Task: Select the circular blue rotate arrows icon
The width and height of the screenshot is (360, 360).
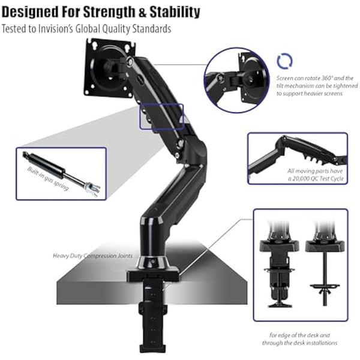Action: [x=284, y=62]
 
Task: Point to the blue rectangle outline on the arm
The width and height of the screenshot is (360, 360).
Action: [x=161, y=116]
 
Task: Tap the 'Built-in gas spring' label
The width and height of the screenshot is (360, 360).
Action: [x=48, y=178]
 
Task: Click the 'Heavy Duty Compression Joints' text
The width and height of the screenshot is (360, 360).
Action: [x=92, y=255]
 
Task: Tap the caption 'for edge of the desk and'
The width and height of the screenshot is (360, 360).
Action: [x=299, y=335]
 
